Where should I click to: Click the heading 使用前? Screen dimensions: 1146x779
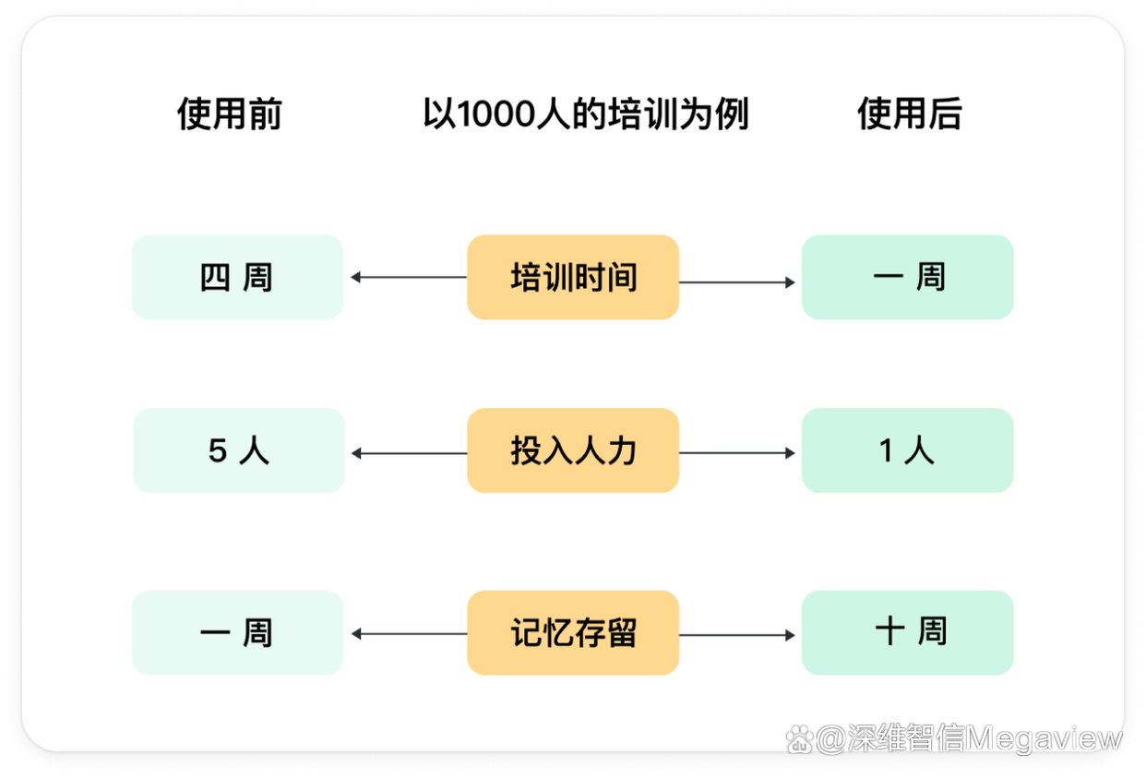tap(230, 114)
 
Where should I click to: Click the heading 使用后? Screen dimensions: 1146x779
tap(910, 114)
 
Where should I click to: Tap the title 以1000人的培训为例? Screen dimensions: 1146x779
tap(586, 114)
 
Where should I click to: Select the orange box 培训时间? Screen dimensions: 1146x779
tap(573, 278)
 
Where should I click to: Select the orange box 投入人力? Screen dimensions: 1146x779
tap(573, 450)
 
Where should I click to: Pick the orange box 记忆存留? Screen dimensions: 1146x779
tap(573, 632)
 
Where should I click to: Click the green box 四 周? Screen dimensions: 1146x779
tap(238, 278)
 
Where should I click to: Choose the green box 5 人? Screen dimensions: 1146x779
tap(239, 450)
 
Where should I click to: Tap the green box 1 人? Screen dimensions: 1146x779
tap(908, 450)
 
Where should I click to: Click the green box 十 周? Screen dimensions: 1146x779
tap(908, 632)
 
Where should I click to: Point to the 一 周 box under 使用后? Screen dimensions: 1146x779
tap(908, 278)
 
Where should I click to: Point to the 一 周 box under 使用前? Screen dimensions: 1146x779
tap(238, 632)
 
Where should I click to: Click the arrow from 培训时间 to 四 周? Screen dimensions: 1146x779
tap(409, 278)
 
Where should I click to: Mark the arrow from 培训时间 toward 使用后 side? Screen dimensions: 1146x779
tap(737, 282)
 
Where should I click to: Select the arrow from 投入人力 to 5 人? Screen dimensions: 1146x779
tap(410, 453)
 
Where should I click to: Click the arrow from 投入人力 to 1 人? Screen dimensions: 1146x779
tap(737, 453)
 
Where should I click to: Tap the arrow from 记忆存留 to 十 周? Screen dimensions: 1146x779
tap(737, 635)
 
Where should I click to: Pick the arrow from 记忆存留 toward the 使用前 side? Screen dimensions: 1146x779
tap(410, 634)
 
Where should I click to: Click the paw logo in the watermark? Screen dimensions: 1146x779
tap(799, 740)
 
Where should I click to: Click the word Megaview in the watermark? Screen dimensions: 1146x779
tap(1044, 739)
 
